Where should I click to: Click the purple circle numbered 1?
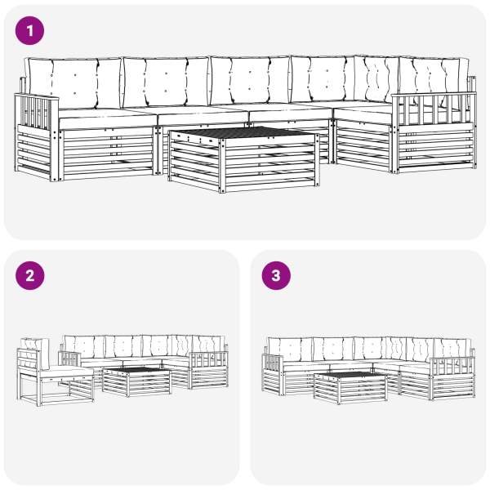coord(29,31)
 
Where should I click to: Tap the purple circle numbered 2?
coord(29,276)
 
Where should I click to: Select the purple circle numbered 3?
coord(276,276)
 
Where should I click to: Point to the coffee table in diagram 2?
coord(136,381)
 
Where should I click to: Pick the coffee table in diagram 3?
coord(350,388)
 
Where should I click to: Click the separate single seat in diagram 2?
coord(55,372)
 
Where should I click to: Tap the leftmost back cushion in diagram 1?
coord(73,83)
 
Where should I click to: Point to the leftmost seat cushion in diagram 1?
coord(108,118)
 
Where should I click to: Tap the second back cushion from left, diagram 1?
coord(166,82)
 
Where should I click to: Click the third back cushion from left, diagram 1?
coord(250,81)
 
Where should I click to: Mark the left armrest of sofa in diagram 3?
coord(273,363)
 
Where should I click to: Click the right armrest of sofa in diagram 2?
coord(209,359)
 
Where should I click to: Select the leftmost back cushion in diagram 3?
coord(290,349)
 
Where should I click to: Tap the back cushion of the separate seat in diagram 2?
coord(34,353)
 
